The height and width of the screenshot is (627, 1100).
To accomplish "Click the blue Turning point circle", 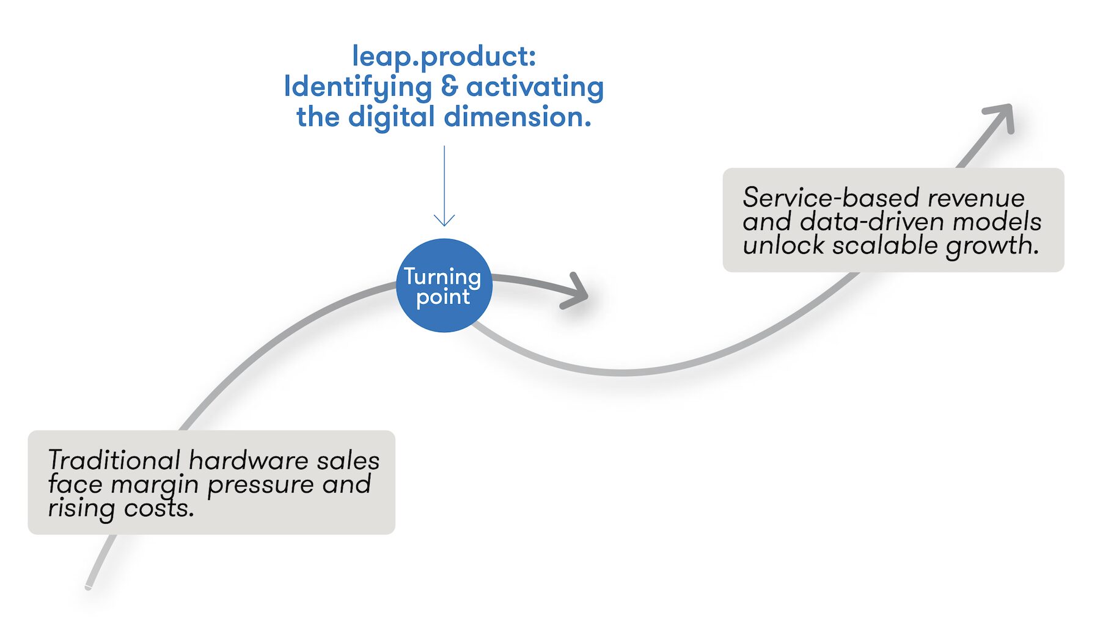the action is pos(444,286).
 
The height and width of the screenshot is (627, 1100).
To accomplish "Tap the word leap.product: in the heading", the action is pos(444,57).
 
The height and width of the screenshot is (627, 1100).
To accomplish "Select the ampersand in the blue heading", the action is pos(449,86).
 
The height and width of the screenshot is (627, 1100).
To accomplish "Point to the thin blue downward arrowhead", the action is pos(444,220).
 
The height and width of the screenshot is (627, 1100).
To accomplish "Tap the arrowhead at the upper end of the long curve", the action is pos(999,118).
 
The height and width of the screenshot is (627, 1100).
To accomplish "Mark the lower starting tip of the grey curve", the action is pos(88,587).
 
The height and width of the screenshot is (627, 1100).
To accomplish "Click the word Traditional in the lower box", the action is pos(114,460).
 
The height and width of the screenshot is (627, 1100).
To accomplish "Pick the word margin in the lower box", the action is pos(155,486).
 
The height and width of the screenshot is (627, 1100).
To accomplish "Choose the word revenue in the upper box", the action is pos(976,198).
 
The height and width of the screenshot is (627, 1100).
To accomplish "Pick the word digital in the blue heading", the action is pos(392,117).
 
